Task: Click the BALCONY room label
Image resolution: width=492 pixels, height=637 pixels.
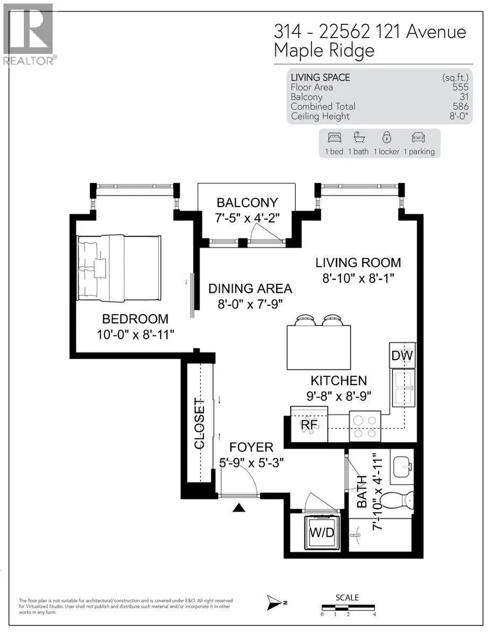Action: [247, 203]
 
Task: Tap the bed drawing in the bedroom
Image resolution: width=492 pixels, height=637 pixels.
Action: [119, 268]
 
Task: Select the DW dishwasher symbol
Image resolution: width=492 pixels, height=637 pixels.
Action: [402, 355]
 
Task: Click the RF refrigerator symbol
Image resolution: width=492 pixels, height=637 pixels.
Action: [309, 424]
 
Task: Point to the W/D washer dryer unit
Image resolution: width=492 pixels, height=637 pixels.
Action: [322, 532]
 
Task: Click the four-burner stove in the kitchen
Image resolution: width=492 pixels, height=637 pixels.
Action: [365, 426]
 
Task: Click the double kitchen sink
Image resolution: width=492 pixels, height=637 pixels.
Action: [404, 388]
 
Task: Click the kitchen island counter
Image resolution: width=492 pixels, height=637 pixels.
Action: [318, 347]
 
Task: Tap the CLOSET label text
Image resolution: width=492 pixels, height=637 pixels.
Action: [199, 424]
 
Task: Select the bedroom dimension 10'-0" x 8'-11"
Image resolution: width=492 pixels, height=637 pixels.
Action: [135, 334]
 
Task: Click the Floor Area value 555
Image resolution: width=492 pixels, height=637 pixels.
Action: [460, 87]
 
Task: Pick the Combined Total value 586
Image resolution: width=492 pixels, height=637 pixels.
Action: [460, 106]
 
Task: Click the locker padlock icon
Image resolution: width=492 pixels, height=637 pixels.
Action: [386, 137]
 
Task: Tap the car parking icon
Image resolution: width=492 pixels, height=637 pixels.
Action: [418, 137]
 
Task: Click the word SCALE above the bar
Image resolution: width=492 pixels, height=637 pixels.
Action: [347, 597]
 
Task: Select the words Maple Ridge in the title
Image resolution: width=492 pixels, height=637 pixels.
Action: [324, 51]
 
